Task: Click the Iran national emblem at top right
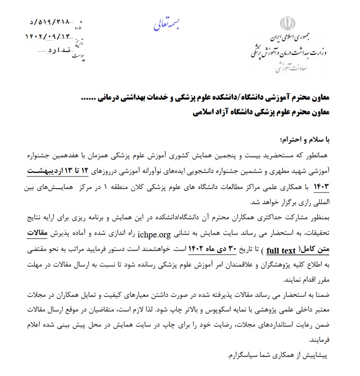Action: pos(288,24)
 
